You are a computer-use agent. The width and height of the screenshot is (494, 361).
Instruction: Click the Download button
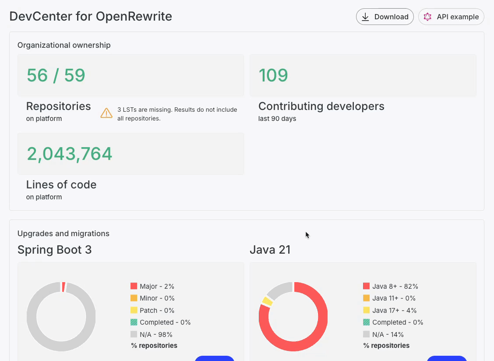(x=385, y=17)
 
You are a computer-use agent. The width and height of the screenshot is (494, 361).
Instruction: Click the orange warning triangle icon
(x=106, y=113)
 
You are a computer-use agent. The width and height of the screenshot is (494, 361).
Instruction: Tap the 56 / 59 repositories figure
(x=56, y=75)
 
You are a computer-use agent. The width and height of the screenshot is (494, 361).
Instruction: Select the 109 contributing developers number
(x=273, y=75)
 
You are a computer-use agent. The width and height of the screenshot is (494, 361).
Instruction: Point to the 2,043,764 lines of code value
(x=69, y=154)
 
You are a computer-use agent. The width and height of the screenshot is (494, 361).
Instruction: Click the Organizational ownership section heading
(x=64, y=45)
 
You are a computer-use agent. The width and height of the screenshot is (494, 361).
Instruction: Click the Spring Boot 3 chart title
(x=54, y=250)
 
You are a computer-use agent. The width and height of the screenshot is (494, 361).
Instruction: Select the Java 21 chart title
(x=270, y=250)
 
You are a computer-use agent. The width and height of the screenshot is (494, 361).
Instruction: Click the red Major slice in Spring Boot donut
(x=64, y=287)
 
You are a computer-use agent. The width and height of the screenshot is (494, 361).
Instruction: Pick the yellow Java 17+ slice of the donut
(x=267, y=301)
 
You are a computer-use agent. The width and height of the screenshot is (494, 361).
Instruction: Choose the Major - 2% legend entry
(x=152, y=286)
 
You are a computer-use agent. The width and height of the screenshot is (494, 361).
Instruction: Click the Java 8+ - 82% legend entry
(x=390, y=286)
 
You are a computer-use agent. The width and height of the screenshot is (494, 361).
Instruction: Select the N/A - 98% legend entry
(x=151, y=334)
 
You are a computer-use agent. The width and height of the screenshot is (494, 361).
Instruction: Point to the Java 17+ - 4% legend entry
(x=390, y=310)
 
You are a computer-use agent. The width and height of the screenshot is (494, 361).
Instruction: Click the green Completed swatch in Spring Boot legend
(x=134, y=322)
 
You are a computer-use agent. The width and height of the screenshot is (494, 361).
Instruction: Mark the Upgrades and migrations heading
(x=64, y=234)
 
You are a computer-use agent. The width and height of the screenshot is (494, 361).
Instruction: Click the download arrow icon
(x=365, y=17)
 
